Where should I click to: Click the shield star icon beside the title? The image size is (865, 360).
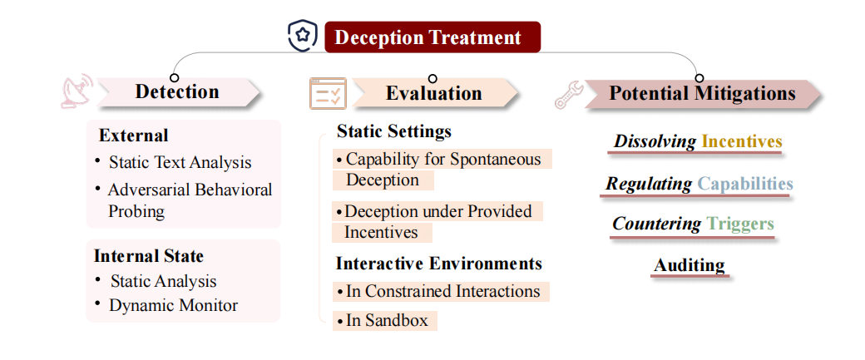tap(302, 36)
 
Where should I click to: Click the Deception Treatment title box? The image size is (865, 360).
tap(432, 37)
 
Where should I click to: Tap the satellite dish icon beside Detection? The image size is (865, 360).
tap(77, 91)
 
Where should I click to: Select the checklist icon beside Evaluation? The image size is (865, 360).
tap(328, 93)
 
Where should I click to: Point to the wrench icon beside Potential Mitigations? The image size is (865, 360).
tap(569, 95)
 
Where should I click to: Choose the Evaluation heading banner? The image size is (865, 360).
tap(434, 92)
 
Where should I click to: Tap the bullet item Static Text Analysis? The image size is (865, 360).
tap(180, 163)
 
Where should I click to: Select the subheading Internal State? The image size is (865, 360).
tap(148, 256)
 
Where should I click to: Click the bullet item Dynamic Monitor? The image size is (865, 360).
tap(173, 305)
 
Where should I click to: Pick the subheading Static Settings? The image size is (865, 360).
tap(394, 131)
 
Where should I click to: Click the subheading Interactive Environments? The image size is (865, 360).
tap(439, 263)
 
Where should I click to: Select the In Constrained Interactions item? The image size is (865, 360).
tap(441, 291)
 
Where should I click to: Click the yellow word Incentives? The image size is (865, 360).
tap(741, 141)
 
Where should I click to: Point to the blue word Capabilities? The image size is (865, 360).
tap(744, 184)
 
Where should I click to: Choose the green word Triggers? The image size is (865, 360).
tap(740, 224)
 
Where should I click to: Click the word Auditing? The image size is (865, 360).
tap(689, 265)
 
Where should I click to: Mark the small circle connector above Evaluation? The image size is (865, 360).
tap(432, 79)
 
